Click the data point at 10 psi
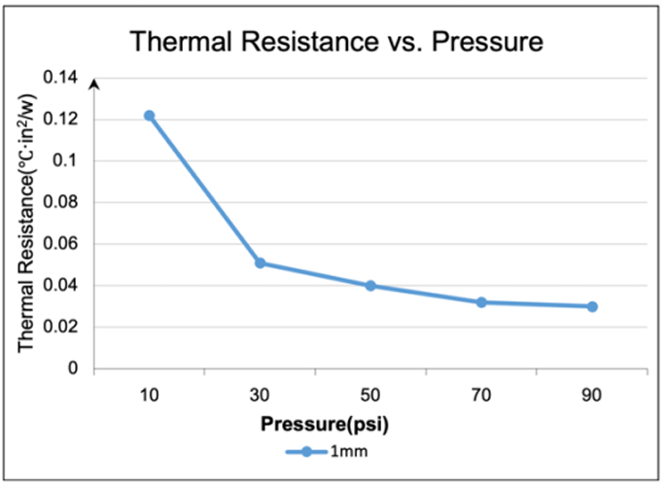[x=149, y=116]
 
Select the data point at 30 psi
[x=260, y=263]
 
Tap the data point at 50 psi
[x=370, y=286]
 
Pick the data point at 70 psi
[x=481, y=302]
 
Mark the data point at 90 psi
[x=592, y=306]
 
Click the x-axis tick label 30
[x=260, y=397]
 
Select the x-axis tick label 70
[x=481, y=397]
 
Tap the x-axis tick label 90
[x=592, y=397]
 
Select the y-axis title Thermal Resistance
[x=29, y=223]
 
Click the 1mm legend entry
[x=331, y=451]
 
